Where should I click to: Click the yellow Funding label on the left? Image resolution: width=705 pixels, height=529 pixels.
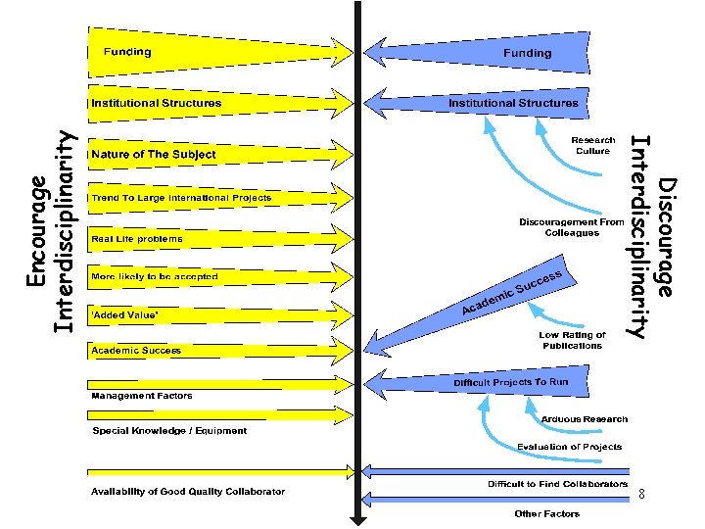[x=121, y=52]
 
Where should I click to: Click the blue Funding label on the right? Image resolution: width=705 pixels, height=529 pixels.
[x=527, y=53]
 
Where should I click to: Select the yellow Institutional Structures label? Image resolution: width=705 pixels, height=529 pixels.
[x=157, y=103]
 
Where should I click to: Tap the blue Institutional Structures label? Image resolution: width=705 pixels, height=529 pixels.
[x=513, y=103]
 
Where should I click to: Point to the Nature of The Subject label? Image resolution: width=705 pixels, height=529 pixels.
[x=154, y=155]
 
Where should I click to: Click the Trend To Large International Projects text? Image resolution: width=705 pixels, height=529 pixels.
[x=181, y=198]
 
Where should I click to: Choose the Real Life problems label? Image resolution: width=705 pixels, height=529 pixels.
[x=136, y=239]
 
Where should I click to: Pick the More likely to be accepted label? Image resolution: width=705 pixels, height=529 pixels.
[x=155, y=277]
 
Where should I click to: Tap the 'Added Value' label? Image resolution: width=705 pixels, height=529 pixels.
[x=123, y=314]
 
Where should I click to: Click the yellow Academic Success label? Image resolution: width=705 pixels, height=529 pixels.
[x=136, y=350]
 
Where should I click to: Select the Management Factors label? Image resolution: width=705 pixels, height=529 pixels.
[x=142, y=396]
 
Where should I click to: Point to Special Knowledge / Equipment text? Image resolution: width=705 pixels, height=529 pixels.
[x=169, y=430]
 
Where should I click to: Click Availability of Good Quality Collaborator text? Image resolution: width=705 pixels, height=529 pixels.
[x=188, y=491]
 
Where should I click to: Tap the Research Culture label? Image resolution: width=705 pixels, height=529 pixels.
[x=593, y=146]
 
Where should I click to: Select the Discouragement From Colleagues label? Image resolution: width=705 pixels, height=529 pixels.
[x=572, y=227]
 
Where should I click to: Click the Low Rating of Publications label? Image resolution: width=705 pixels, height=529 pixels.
[x=573, y=340]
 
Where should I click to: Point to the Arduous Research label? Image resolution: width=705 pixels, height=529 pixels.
[x=585, y=419]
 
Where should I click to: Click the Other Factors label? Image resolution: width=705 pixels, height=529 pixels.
[x=547, y=513]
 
